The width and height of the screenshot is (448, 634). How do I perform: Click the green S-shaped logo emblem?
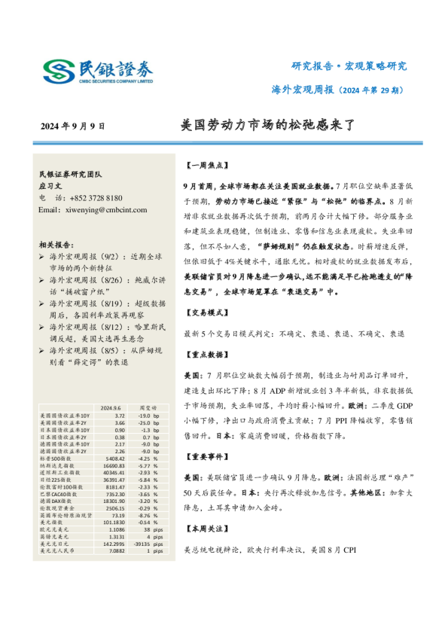58,72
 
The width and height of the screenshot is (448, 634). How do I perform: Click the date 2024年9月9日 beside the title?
72,126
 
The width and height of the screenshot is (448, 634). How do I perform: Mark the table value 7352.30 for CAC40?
115,494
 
